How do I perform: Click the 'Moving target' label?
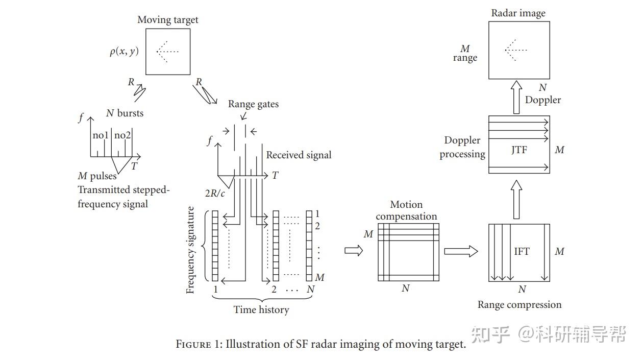point(167,20)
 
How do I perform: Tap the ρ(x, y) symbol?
point(124,51)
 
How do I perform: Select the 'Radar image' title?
point(518,13)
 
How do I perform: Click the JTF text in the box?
point(519,150)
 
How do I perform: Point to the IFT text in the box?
point(522,251)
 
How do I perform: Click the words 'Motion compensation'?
point(406,210)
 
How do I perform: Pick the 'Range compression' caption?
point(520,304)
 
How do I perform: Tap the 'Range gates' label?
point(253,104)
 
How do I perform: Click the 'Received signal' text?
point(299,155)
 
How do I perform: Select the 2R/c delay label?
point(215,193)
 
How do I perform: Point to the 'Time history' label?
point(261,309)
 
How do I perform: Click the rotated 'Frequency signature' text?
point(190,250)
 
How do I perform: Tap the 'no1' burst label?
point(101,135)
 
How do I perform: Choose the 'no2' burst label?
point(122,135)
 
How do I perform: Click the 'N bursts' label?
point(125,113)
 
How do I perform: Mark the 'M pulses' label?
point(97,176)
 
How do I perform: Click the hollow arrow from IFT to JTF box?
point(516,199)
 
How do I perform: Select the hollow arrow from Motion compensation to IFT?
point(461,251)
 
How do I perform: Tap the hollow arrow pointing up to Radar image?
point(516,97)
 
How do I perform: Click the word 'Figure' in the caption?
point(193,344)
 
